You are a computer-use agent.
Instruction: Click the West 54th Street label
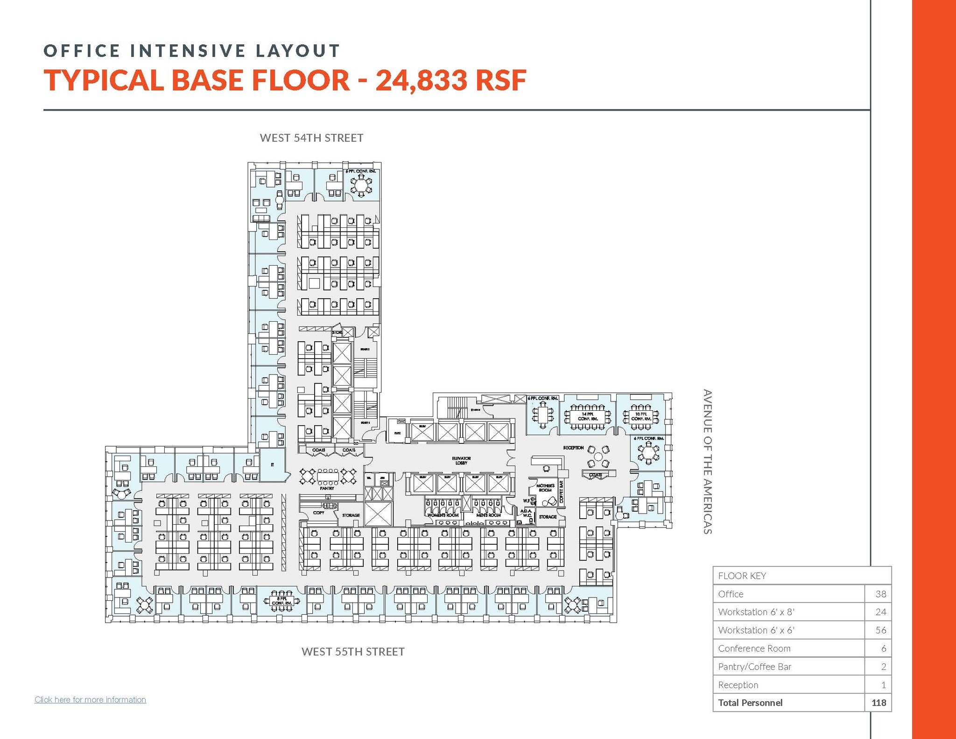coord(311,138)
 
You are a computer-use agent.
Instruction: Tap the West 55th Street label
coord(353,652)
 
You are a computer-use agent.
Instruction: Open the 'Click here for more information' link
coord(90,699)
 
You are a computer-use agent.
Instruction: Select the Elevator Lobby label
coord(461,460)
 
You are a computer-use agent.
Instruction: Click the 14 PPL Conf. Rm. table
coord(587,416)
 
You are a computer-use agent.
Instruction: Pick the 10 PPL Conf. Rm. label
coord(641,416)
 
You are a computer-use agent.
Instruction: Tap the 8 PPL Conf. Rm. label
coord(281,601)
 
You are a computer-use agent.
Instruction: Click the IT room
coord(272,465)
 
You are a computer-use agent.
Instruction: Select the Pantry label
coord(327,488)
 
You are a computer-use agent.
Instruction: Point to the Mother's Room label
coord(545,488)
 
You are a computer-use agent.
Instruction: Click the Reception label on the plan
coord(573,448)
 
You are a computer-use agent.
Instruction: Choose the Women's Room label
coord(443,515)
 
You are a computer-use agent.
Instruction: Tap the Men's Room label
coord(488,515)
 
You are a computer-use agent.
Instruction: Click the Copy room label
coord(319,513)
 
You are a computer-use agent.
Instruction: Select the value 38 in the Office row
coord(880,594)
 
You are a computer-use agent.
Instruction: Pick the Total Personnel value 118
coord(879,703)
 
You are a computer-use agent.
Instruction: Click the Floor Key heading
coord(742,576)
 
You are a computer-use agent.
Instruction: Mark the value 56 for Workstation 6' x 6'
coord(880,630)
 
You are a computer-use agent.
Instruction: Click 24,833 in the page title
coord(420,80)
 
